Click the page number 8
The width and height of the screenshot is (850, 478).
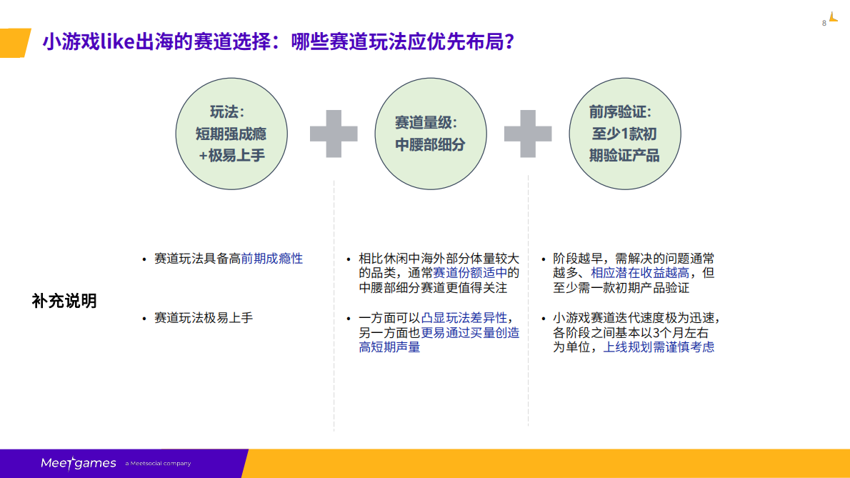[x=824, y=23]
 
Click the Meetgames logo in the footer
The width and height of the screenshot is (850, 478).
[x=78, y=464]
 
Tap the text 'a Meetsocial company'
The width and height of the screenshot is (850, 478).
[x=158, y=464]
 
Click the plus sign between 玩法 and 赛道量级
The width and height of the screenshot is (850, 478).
[x=333, y=134]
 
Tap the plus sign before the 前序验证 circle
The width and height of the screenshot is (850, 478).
[x=528, y=134]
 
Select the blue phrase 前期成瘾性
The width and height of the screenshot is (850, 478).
[x=271, y=259]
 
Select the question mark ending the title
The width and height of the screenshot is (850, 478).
[x=509, y=42]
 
